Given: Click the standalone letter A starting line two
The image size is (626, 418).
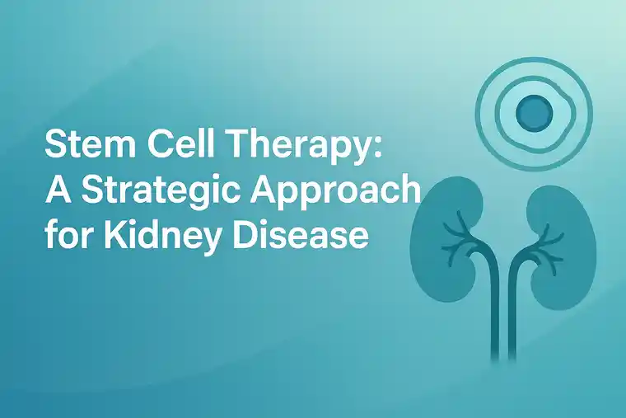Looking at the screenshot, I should tap(54, 192).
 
